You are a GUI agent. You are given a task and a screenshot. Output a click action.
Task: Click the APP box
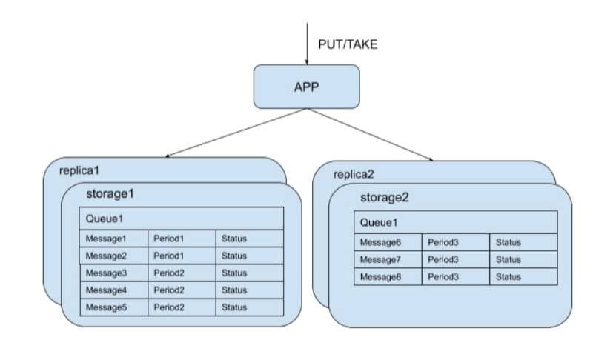pyautogui.click(x=306, y=86)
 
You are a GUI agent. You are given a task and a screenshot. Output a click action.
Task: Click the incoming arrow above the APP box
pyautogui.click(x=306, y=41)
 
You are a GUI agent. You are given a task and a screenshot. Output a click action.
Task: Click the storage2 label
pyautogui.click(x=385, y=198)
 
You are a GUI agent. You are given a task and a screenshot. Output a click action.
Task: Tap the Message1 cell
pyautogui.click(x=107, y=239)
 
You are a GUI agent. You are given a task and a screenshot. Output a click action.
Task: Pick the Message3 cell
pyautogui.click(x=107, y=273)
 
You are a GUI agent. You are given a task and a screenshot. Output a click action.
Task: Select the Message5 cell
pyautogui.click(x=107, y=307)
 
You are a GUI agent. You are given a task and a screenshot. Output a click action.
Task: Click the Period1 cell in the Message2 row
pyautogui.click(x=168, y=256)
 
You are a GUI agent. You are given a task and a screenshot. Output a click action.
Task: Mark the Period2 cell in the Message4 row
pyautogui.click(x=168, y=290)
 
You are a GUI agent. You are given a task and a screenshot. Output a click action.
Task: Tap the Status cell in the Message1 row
pyautogui.click(x=234, y=239)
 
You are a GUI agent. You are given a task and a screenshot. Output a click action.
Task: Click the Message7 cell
pyautogui.click(x=380, y=259)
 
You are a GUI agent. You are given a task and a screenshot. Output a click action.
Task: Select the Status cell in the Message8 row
pyautogui.click(x=508, y=276)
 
